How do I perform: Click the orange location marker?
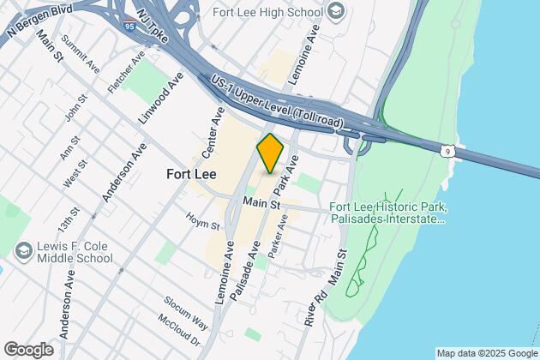270,153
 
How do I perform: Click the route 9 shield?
447,152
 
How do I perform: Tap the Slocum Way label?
187,312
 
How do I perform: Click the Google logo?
28,350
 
